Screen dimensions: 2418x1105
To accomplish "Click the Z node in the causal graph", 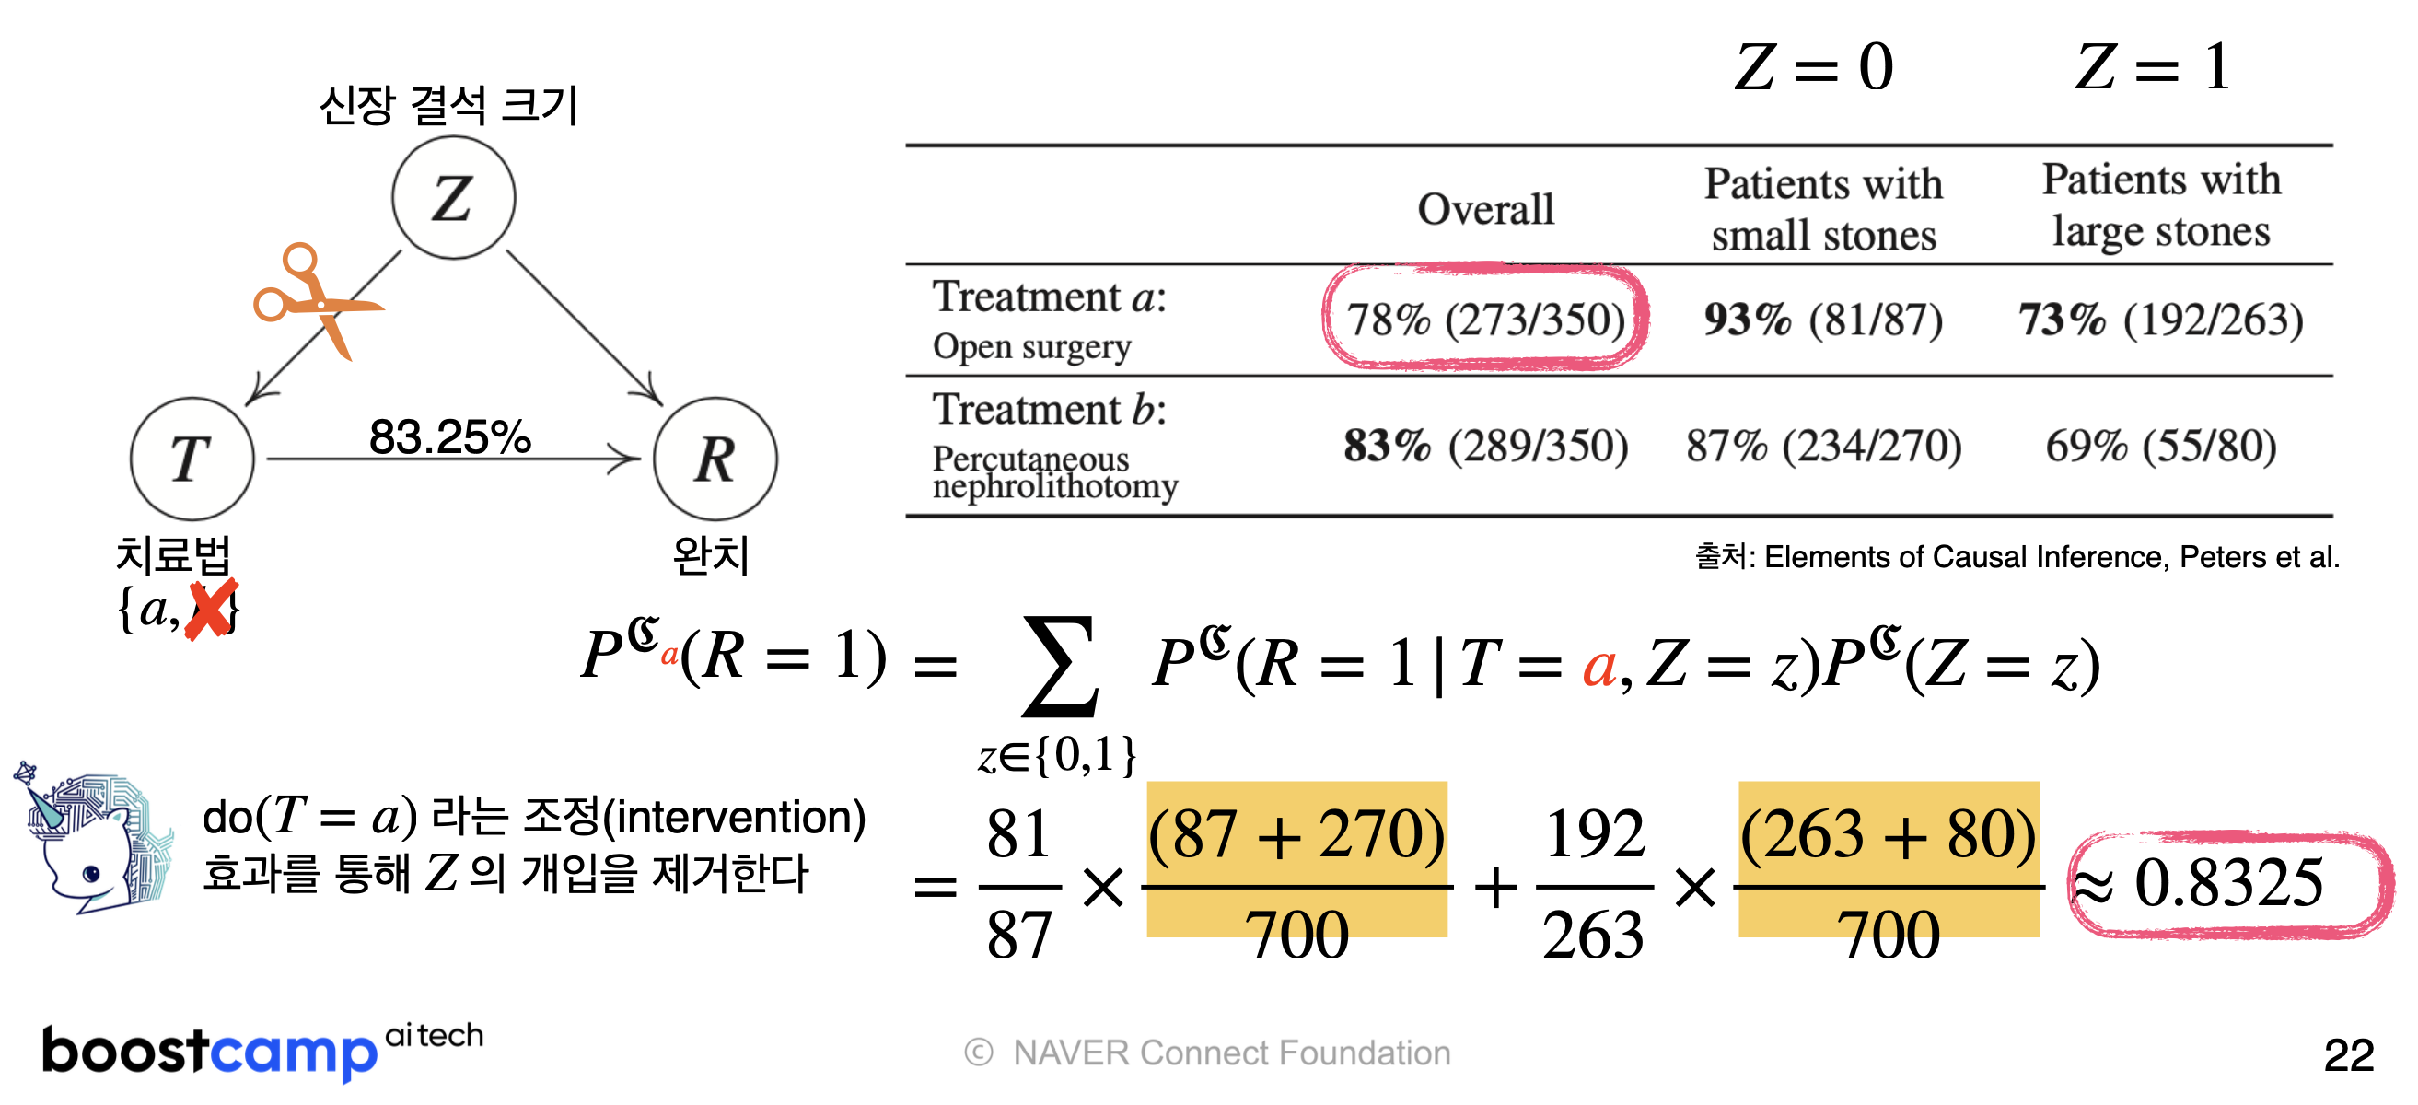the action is coord(453,198).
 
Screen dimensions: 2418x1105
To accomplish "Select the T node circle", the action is coord(192,459).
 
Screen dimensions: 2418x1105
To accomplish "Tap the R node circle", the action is coord(715,459).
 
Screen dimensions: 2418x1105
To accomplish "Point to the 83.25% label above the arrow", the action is coord(449,436).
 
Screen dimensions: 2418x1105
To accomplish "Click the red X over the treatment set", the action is coord(210,611).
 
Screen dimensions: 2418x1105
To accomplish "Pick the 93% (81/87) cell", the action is coord(1823,320).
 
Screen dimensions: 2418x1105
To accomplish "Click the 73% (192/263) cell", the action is coord(2161,320).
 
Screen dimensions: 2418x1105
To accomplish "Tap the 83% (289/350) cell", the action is coord(1485,445).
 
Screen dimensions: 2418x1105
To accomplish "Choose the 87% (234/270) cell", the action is coord(1823,445).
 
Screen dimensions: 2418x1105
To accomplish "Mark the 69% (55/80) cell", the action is coord(2161,445).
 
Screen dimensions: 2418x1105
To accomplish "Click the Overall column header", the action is coord(1485,208).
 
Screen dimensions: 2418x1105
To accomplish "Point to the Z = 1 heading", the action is coord(2151,67).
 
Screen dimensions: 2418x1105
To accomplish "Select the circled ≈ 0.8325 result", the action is coord(2228,882).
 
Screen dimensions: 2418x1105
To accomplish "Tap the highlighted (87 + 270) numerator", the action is coord(1296,833).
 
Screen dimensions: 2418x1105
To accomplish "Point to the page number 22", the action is coord(2348,1055).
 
